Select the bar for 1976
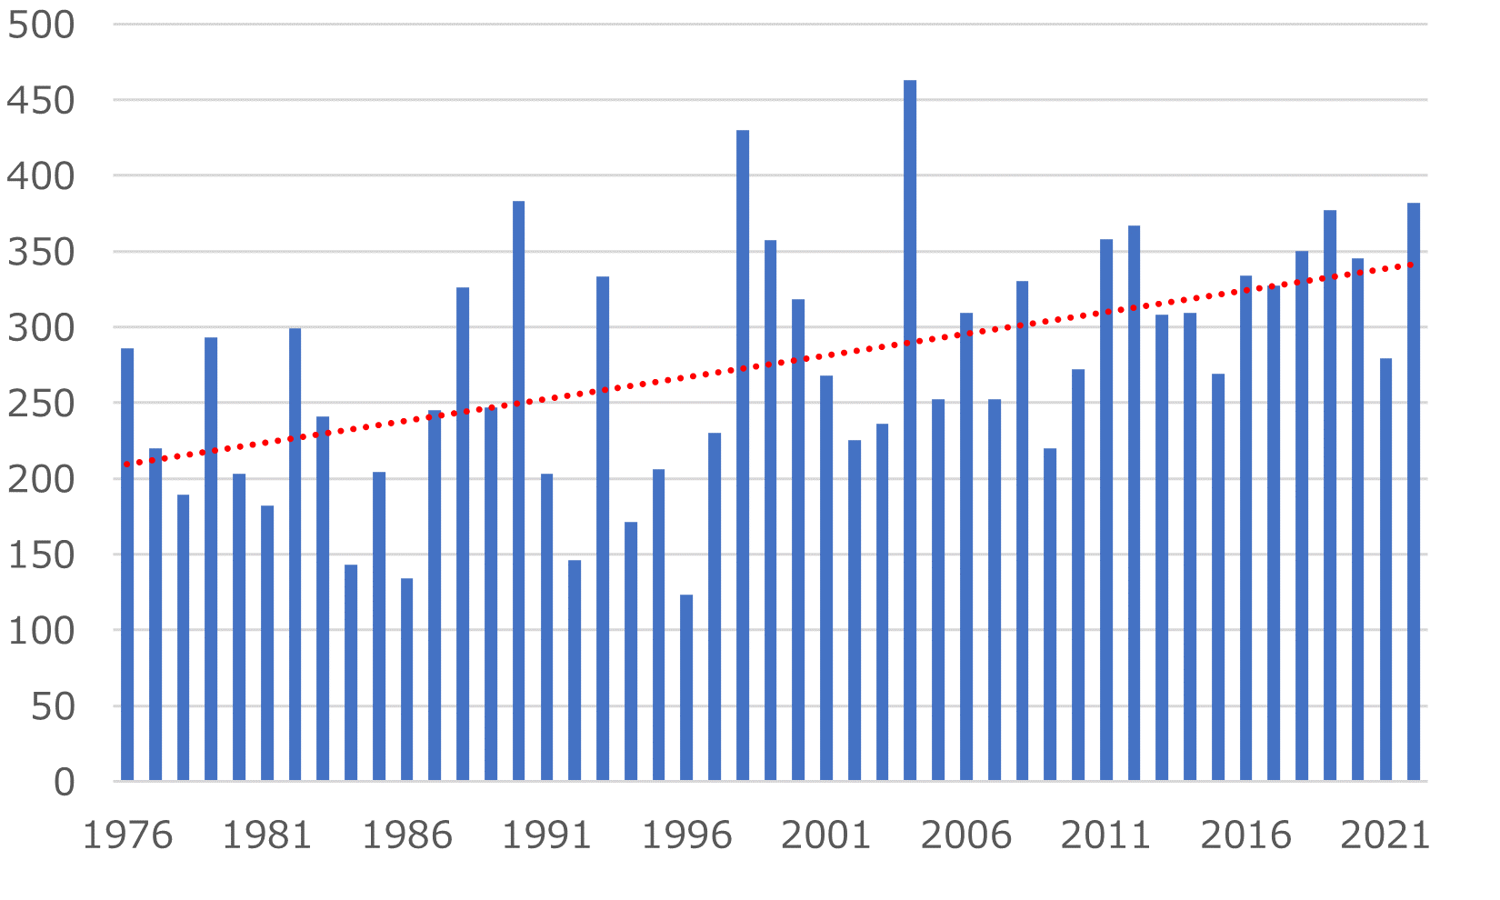pyautogui.click(x=127, y=564)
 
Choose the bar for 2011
pyautogui.click(x=1105, y=509)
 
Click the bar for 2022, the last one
pyautogui.click(x=1414, y=491)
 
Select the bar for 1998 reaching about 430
pyautogui.click(x=743, y=455)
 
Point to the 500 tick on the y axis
pyautogui.click(x=40, y=25)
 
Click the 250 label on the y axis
pyautogui.click(x=40, y=404)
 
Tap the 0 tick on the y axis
pyautogui.click(x=64, y=782)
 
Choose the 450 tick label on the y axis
pyautogui.click(x=40, y=100)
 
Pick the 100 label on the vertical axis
pyautogui.click(x=40, y=630)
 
